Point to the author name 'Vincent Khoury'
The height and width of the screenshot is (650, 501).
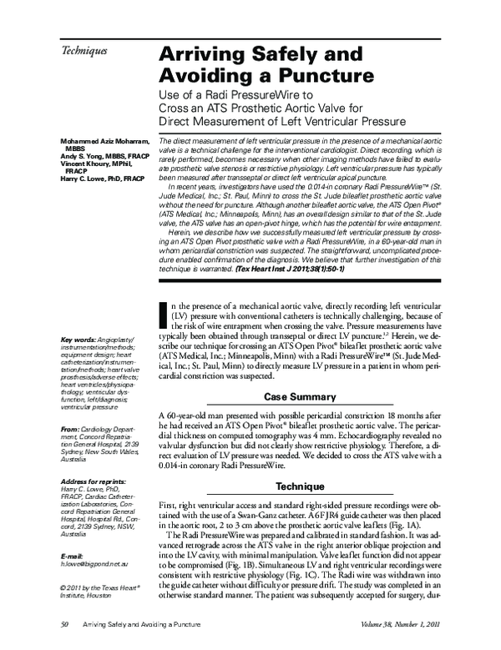(87, 163)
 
